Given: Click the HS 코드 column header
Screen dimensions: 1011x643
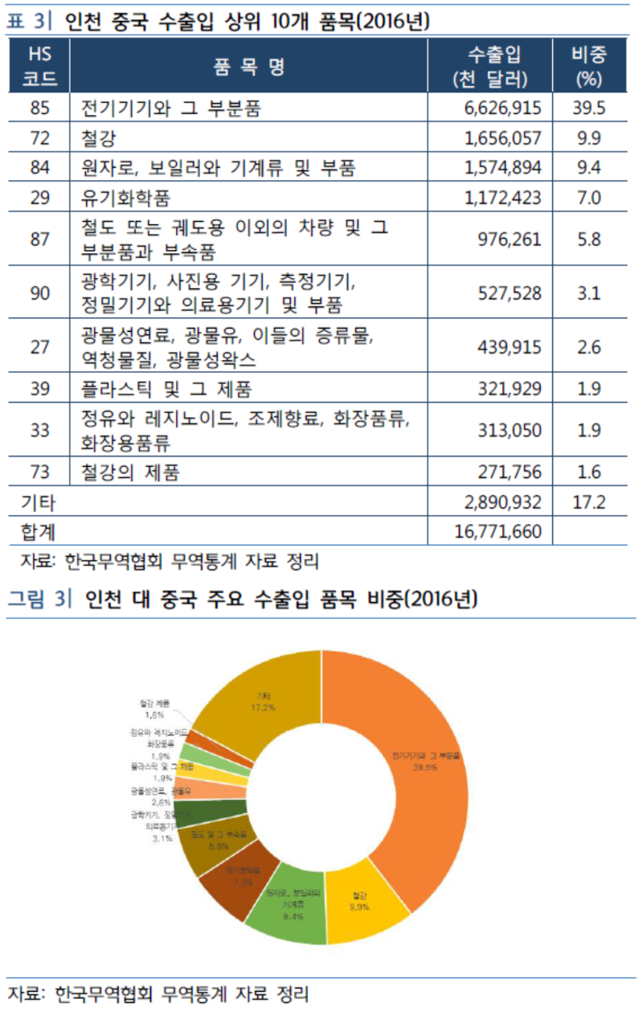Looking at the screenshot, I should point(39,67).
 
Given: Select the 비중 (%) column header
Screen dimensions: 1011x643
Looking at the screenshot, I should point(588,67).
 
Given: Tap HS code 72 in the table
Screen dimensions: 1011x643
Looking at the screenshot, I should point(39,138).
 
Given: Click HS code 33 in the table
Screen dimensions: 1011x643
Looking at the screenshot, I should point(39,430).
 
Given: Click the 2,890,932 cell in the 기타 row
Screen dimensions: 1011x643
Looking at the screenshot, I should point(502,502).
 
